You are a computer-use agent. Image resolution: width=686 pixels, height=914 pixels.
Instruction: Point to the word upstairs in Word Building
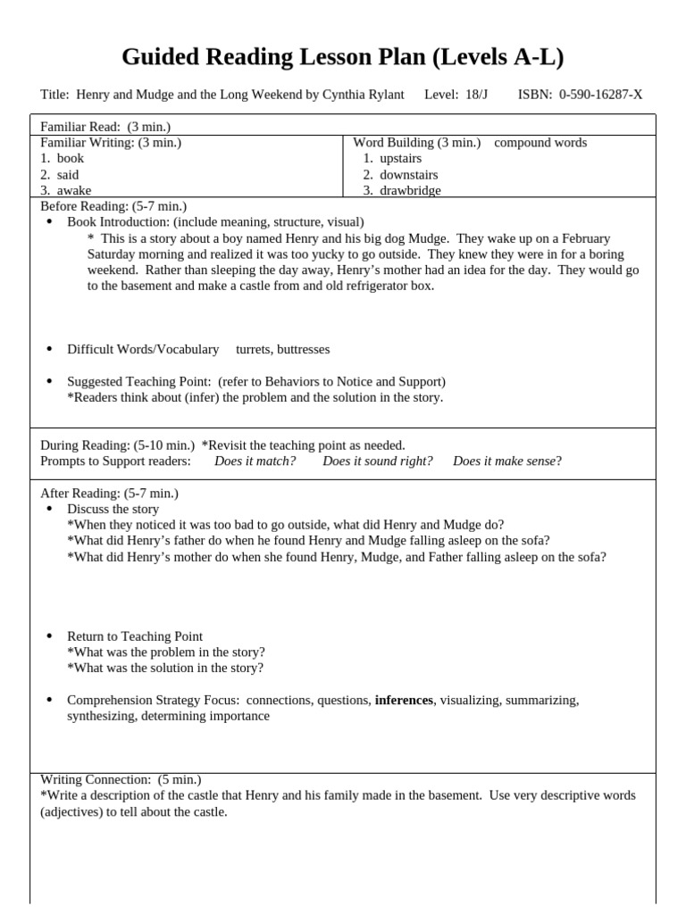(400, 158)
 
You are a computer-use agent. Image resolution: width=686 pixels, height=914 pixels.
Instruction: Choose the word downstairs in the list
(408, 174)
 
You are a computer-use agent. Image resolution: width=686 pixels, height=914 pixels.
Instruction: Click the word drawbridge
(410, 190)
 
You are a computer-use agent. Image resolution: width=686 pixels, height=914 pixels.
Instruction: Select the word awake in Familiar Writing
(73, 190)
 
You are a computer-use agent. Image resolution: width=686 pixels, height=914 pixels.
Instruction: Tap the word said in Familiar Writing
(68, 174)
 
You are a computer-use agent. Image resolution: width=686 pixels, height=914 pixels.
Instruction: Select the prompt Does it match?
(255, 461)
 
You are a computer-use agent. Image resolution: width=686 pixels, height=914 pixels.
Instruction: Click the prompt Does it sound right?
(378, 461)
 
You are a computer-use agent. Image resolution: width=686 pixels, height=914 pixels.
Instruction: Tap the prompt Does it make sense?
(507, 461)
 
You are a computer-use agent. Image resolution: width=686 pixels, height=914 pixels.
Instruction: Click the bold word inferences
(404, 700)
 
